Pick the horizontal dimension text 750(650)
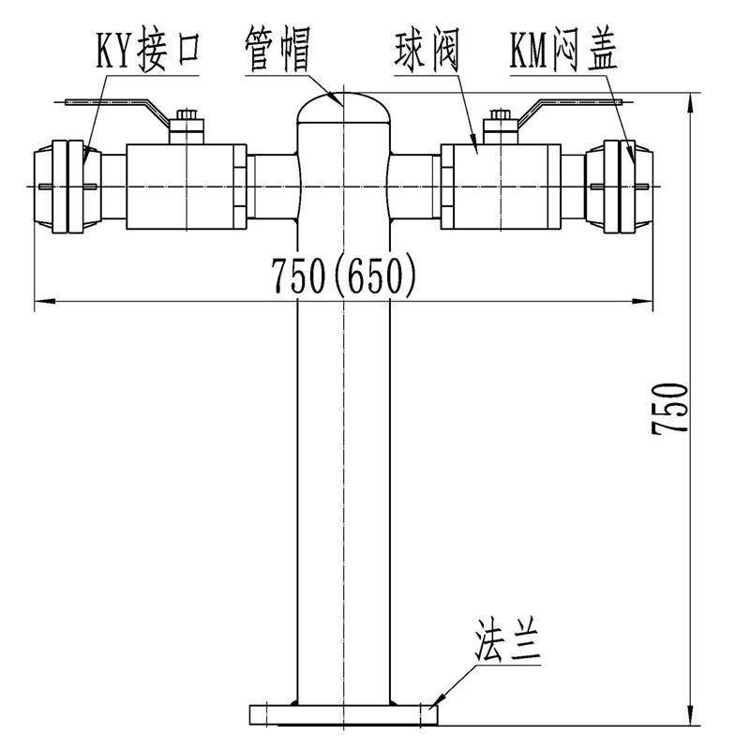[342, 275]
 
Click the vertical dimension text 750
[672, 406]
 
